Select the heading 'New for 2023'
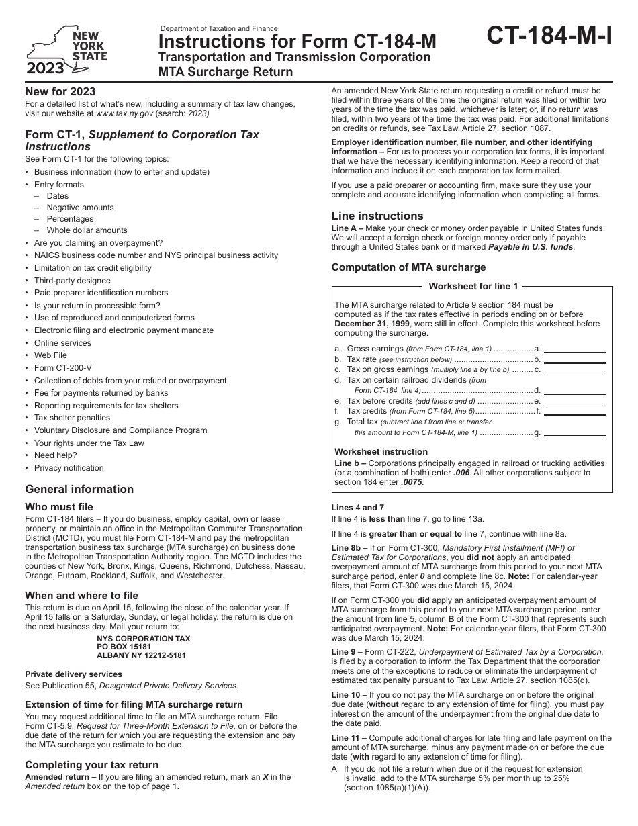[60, 91]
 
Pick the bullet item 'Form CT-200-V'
[60, 368]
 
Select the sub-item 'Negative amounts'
[80, 208]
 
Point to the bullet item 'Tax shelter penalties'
[73, 418]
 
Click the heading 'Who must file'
[59, 507]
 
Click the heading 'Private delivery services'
[73, 674]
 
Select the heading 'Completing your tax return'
[92, 764]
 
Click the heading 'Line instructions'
[377, 216]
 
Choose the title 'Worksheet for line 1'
[473, 286]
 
